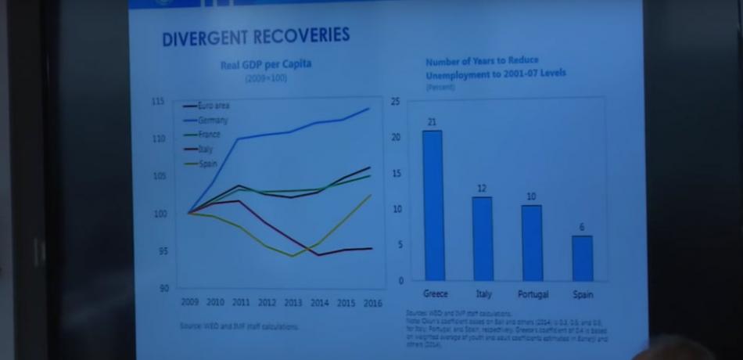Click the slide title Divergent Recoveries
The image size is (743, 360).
255,37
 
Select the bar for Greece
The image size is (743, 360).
433,205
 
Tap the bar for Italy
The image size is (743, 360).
483,238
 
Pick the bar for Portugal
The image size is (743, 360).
531,242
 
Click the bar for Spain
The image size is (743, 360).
582,257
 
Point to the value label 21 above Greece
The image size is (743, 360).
432,122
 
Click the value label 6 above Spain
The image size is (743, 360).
582,227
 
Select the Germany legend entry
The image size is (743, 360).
212,120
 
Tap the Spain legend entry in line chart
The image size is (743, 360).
207,163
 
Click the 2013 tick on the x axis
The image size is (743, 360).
292,302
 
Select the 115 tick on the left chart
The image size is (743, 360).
160,102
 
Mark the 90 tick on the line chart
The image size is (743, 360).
162,288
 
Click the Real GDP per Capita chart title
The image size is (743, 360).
265,64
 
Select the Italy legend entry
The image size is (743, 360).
206,148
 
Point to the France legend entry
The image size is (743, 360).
209,134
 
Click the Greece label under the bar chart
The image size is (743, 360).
435,294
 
